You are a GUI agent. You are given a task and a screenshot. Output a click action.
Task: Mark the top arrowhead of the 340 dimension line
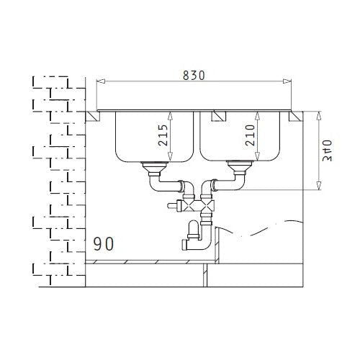(318, 114)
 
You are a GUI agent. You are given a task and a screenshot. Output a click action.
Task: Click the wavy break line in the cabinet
(259, 233)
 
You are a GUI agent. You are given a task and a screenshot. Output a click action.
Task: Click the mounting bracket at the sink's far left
(92, 115)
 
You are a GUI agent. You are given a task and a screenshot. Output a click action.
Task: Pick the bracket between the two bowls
(216, 115)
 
